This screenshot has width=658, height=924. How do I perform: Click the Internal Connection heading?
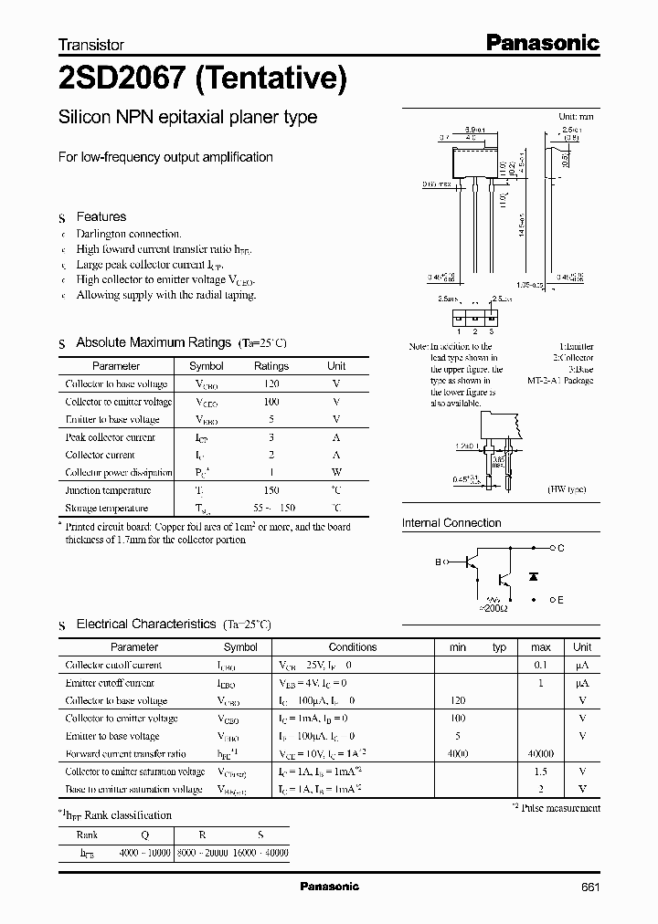pos(451,523)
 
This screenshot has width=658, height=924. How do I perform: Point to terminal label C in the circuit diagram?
pos(560,548)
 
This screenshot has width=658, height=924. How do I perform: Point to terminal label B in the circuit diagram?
pos(438,564)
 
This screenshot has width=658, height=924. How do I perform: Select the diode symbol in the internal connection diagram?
pos(534,577)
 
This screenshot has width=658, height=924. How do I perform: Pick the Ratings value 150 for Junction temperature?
pos(271,490)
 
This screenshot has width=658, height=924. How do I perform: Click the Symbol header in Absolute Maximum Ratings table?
pos(206,366)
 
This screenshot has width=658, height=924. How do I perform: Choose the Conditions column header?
pos(352,647)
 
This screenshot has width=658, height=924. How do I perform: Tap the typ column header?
pos(499,647)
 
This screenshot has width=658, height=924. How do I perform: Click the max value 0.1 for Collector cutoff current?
pos(541,666)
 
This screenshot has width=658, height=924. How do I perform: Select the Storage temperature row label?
pos(106,508)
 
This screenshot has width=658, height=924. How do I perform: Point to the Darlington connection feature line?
pos(129,234)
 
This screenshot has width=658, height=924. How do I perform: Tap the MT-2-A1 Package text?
pos(560,381)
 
